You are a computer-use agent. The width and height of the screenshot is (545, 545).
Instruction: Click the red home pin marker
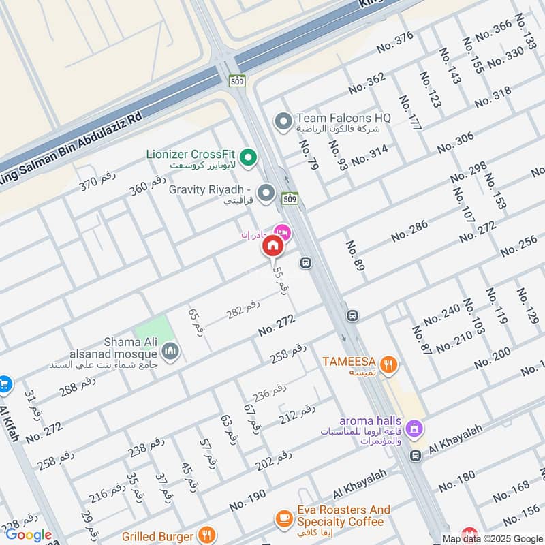(273, 245)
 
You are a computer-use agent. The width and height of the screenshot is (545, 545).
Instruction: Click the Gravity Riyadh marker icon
(266, 193)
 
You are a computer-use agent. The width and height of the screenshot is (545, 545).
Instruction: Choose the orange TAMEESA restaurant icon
(388, 364)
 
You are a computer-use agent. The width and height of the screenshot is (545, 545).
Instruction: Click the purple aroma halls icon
(413, 429)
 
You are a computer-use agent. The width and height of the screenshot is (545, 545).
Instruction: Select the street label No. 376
(395, 42)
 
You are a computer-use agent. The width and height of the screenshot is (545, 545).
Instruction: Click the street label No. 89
(355, 256)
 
